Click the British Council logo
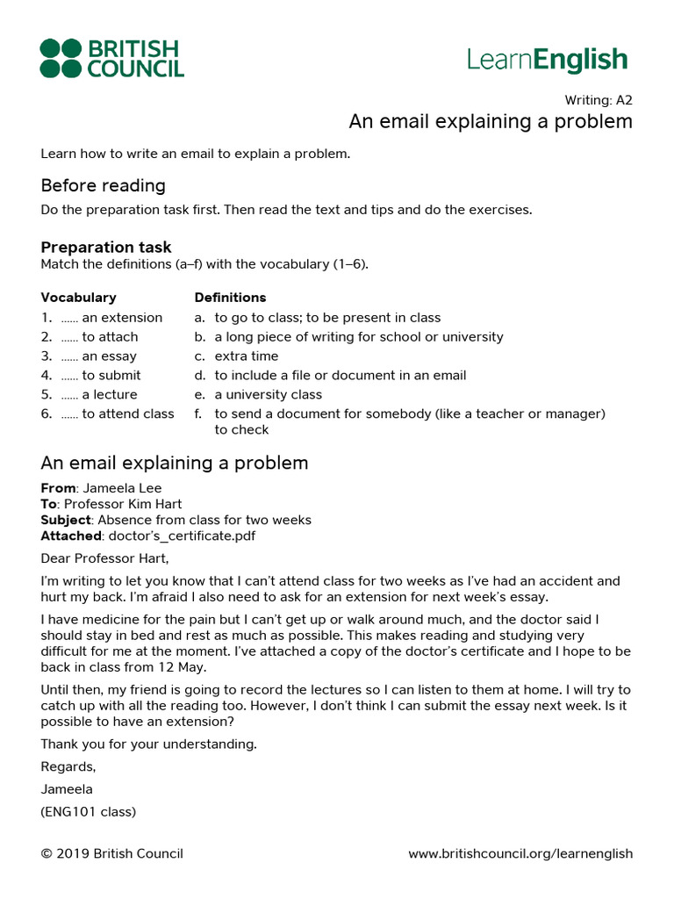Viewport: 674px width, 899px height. point(111,58)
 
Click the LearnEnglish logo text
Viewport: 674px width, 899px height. point(547,60)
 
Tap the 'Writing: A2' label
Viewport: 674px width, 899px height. point(598,100)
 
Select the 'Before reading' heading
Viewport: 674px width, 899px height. point(103,185)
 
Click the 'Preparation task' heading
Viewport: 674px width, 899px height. point(106,248)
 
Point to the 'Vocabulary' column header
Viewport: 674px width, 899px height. point(78,298)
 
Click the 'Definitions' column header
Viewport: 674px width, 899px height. point(230,298)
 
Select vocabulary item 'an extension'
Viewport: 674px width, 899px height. point(121,318)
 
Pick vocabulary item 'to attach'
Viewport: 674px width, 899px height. point(110,337)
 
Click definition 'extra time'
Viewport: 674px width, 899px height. point(246,356)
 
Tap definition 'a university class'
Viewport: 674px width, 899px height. point(268,395)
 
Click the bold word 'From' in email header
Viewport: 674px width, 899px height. point(58,488)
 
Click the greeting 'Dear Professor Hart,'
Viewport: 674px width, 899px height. point(104,558)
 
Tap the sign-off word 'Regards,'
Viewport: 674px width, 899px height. point(68,766)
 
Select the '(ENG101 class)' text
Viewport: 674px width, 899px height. point(88,812)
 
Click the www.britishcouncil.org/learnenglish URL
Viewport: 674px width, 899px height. point(520,853)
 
